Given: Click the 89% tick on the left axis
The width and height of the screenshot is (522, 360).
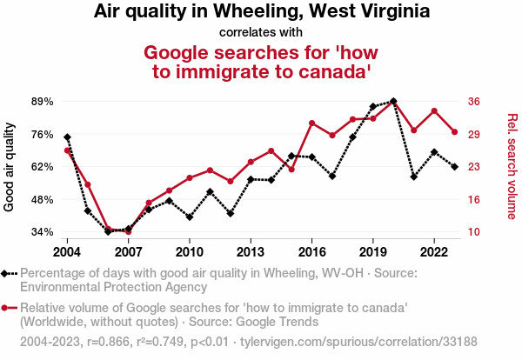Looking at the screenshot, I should (42, 101).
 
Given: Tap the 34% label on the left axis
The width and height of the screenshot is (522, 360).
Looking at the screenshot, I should (42, 232).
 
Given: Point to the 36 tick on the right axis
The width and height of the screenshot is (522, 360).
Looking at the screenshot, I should (475, 101).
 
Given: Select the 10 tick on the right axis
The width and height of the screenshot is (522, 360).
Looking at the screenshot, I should (475, 232).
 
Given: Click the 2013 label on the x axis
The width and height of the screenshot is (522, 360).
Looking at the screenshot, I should (251, 251).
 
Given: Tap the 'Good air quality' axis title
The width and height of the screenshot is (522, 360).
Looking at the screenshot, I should (10, 166).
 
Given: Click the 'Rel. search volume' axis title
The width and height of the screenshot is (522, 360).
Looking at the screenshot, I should (512, 166).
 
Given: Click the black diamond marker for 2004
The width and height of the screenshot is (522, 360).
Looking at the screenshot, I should (67, 137).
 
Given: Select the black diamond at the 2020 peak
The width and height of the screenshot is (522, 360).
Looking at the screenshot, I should (393, 101).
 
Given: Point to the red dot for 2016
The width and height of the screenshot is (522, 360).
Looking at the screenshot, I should (311, 123).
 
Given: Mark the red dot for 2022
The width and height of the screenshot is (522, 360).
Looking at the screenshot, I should (434, 111).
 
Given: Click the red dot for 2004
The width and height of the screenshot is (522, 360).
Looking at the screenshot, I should (67, 150).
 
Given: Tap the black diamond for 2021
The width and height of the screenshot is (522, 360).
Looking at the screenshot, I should (414, 177).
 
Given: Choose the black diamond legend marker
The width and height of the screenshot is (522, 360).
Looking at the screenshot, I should (10, 273).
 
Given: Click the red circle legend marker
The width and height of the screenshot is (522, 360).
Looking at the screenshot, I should (10, 308).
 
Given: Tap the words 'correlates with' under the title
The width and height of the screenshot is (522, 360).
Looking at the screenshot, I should (261, 32).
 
